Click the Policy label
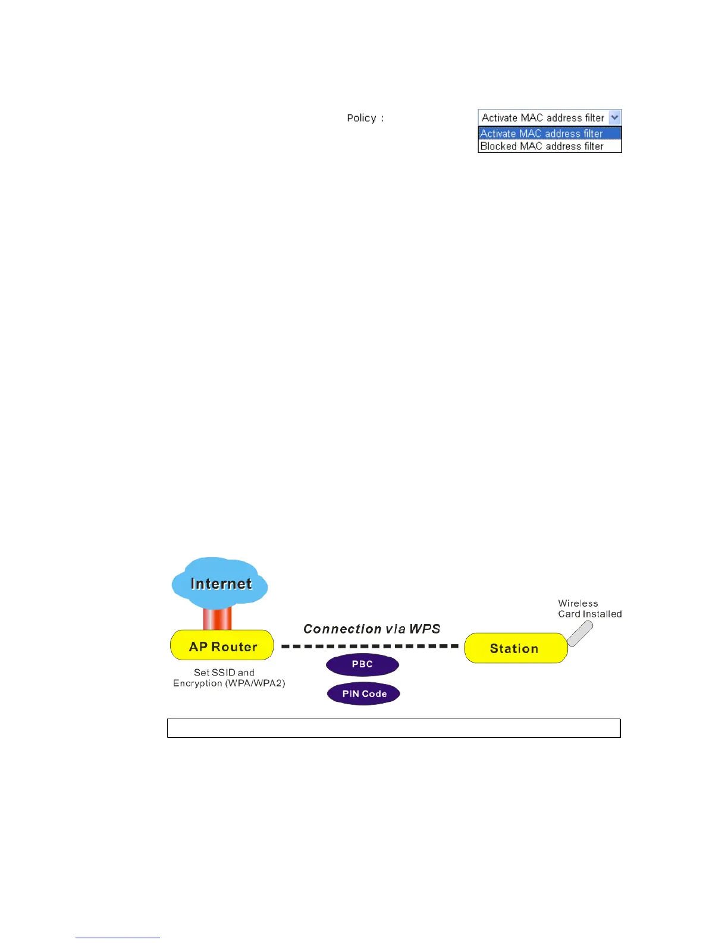pyautogui.click(x=362, y=118)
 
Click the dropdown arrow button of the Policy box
pyautogui.click(x=615, y=117)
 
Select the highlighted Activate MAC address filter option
pyautogui.click(x=541, y=133)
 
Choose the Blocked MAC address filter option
pyautogui.click(x=541, y=146)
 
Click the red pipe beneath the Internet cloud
pyautogui.click(x=217, y=618)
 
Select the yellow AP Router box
pyautogui.click(x=222, y=646)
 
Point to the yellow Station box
pyautogui.click(x=515, y=648)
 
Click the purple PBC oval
pyautogui.click(x=362, y=664)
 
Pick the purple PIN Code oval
pyautogui.click(x=364, y=694)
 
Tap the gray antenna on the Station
pyautogui.click(x=580, y=633)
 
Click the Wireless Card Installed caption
pyautogui.click(x=589, y=608)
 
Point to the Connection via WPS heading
pyautogui.click(x=372, y=629)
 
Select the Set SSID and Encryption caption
pyautogui.click(x=228, y=677)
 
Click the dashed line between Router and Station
pyautogui.click(x=369, y=646)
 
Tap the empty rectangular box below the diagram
pyautogui.click(x=394, y=728)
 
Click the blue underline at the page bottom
pyautogui.click(x=118, y=938)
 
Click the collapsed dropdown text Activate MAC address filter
pyautogui.click(x=542, y=117)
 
